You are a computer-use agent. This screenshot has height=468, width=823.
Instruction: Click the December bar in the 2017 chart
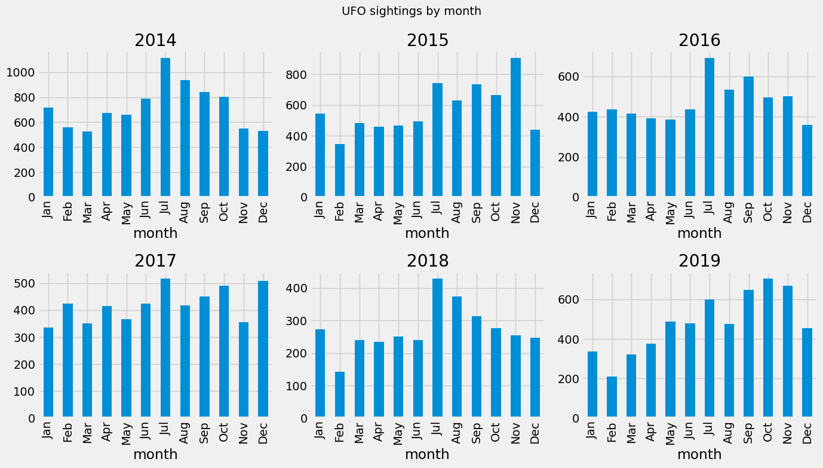tap(263, 348)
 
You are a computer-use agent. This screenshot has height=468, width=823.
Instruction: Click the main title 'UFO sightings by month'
tap(411, 11)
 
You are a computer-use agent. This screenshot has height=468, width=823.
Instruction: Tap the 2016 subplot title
tap(699, 40)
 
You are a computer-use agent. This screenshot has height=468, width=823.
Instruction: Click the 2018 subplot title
tap(428, 261)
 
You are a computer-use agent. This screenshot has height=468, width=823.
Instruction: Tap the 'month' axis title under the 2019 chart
tap(699, 455)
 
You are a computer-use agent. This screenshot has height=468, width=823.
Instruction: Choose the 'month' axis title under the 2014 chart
tap(155, 234)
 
